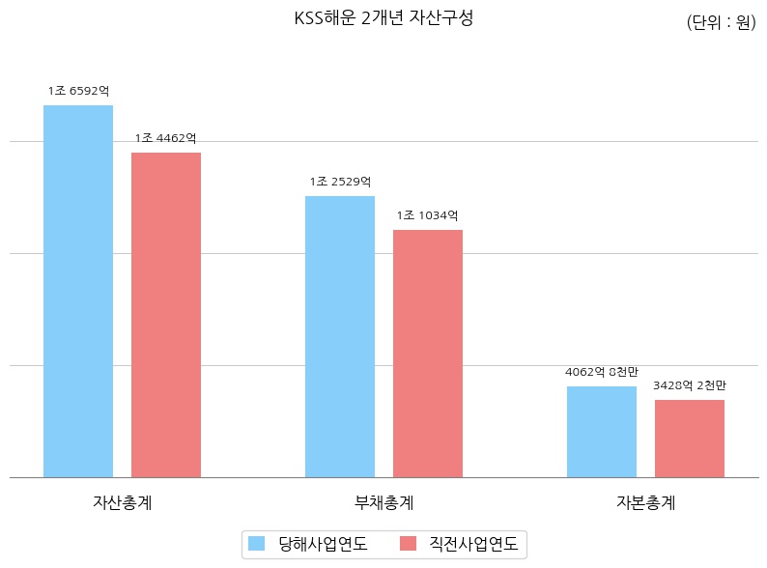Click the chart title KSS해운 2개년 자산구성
pyautogui.click(x=383, y=18)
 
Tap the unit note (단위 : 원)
pyautogui.click(x=721, y=23)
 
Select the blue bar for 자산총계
pyautogui.click(x=78, y=291)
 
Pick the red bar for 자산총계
pyautogui.click(x=166, y=315)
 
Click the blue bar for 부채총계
pyautogui.click(x=340, y=336)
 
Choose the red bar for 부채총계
pyautogui.click(x=428, y=354)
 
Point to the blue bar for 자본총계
pyautogui.click(x=602, y=432)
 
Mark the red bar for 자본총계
pyautogui.click(x=690, y=439)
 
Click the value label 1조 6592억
pyautogui.click(x=78, y=91)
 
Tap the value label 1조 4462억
pyautogui.click(x=166, y=138)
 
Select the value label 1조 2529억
pyautogui.click(x=340, y=182)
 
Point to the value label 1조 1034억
pyautogui.click(x=428, y=215)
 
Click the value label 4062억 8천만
pyautogui.click(x=602, y=372)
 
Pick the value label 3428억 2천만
pyautogui.click(x=690, y=385)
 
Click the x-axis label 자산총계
pyautogui.click(x=122, y=503)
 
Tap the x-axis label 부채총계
pyautogui.click(x=383, y=503)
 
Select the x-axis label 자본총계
pyautogui.click(x=645, y=503)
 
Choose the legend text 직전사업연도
pyautogui.click(x=473, y=544)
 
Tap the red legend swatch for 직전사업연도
pyautogui.click(x=408, y=544)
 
